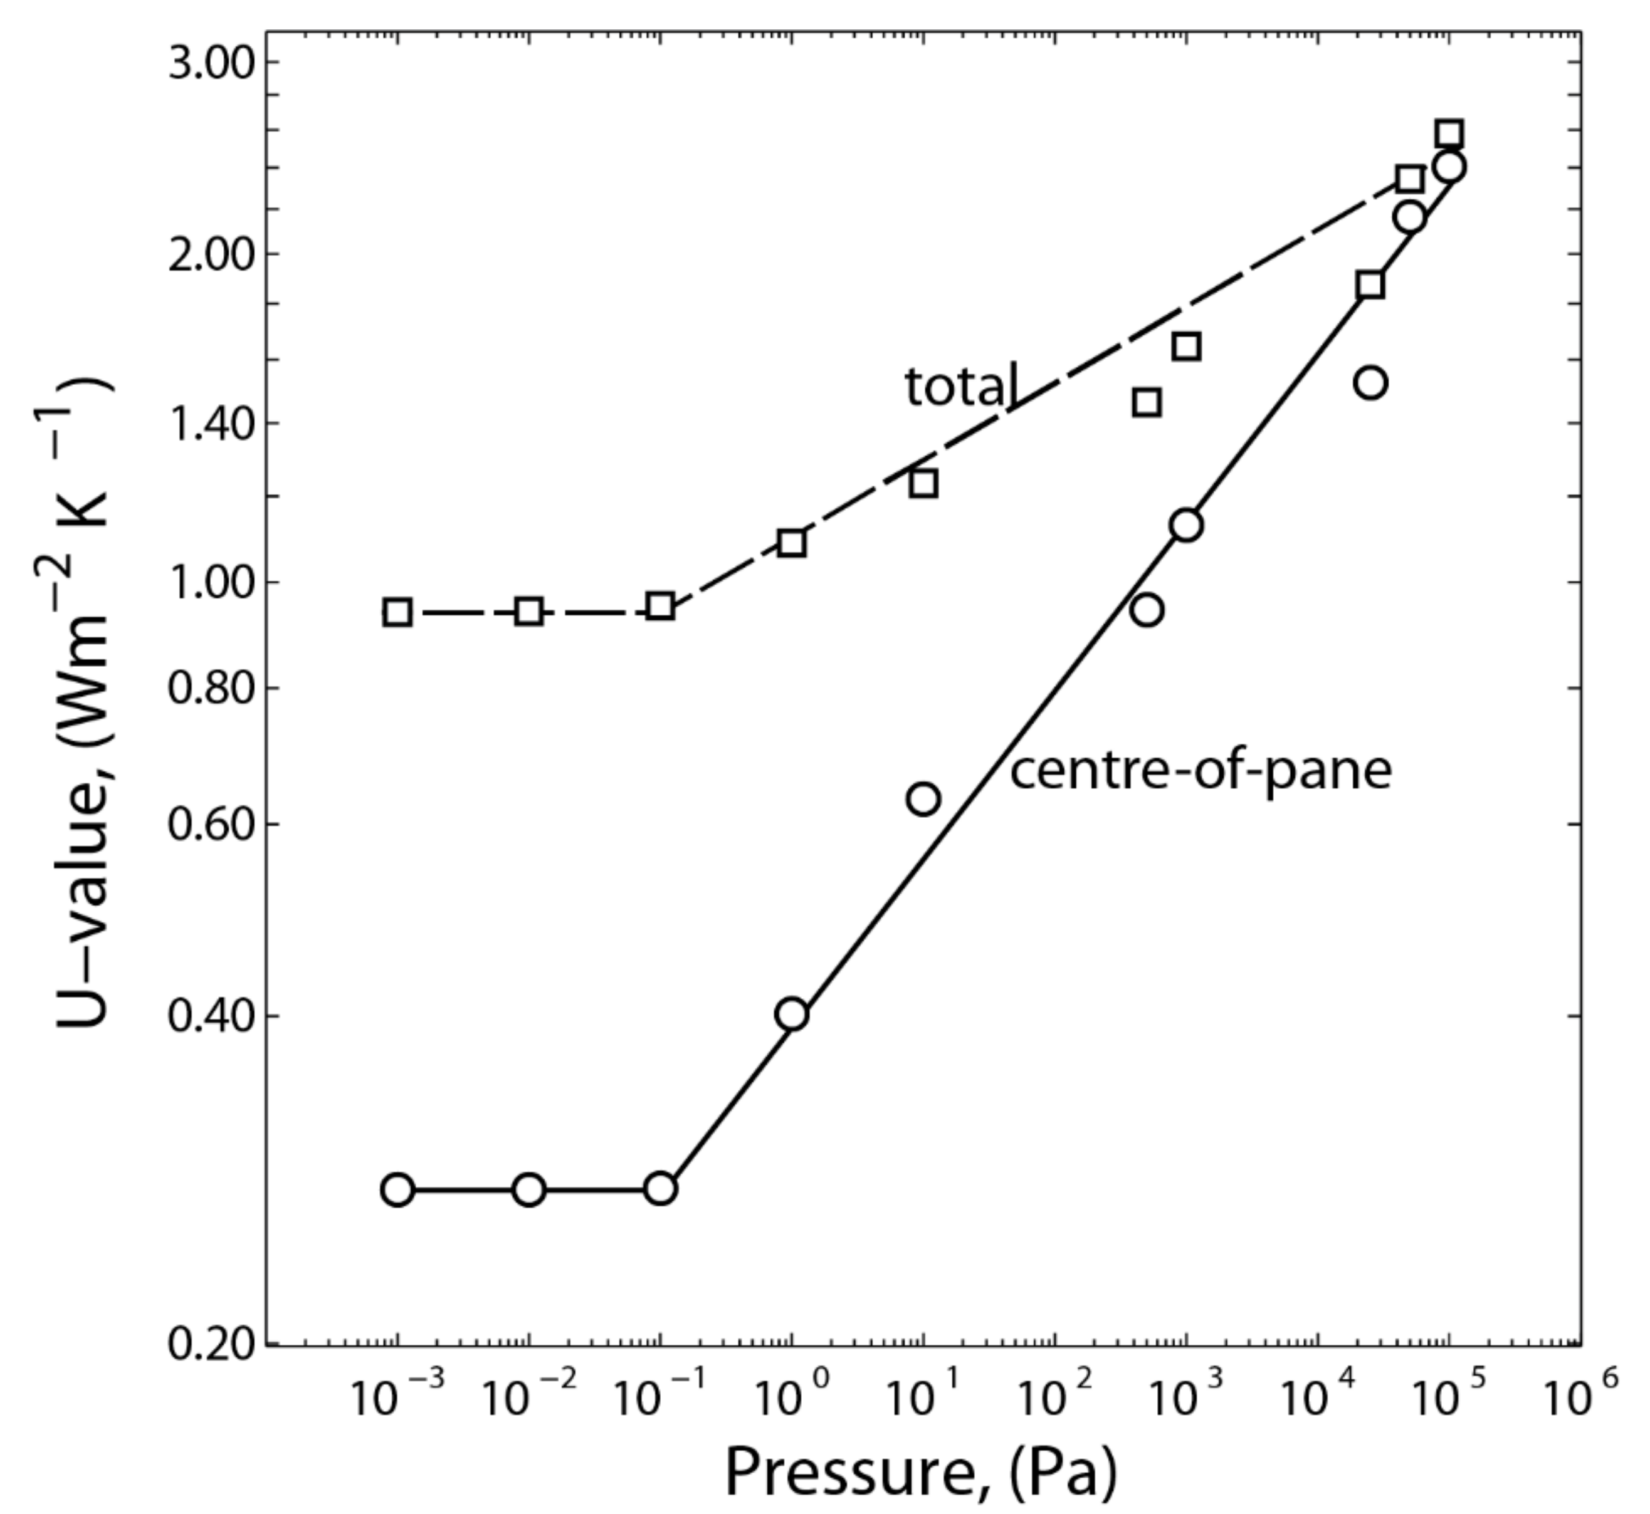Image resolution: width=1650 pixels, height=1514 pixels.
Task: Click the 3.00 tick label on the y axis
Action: coord(211,63)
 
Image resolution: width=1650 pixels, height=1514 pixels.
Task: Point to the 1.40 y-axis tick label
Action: coord(211,424)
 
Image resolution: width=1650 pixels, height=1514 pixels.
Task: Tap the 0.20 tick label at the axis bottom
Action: coord(211,1346)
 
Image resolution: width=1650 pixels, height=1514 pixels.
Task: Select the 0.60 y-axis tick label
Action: coord(211,824)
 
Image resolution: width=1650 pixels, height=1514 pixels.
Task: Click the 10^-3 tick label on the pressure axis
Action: coord(397,1400)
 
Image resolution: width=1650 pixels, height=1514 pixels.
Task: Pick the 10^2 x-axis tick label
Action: coord(1055,1400)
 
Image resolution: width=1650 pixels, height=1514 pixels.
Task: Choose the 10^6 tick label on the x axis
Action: coord(1580,1400)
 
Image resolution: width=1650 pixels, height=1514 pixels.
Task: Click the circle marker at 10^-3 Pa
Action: coord(397,1189)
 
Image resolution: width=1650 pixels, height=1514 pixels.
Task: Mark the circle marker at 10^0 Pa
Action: coord(792,1015)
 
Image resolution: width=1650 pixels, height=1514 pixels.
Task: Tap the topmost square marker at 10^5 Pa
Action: coord(1449,133)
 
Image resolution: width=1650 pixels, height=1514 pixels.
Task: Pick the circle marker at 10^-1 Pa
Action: coord(661,1188)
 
